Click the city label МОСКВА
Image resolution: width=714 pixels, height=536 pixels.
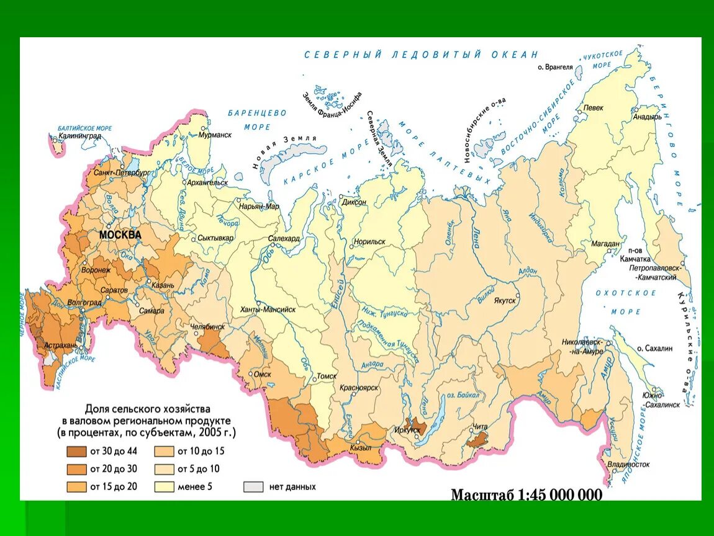[120, 235]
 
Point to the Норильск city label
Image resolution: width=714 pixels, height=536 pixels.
[369, 242]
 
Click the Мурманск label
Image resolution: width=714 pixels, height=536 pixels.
[215, 135]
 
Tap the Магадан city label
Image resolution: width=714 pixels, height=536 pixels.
[604, 244]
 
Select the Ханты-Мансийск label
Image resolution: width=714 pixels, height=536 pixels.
[268, 308]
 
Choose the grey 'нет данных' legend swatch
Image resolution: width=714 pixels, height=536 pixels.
[253, 486]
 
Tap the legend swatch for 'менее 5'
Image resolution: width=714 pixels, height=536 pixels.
[164, 486]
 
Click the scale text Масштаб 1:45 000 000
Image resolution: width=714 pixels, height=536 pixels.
[526, 495]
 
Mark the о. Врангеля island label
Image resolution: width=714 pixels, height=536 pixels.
[554, 67]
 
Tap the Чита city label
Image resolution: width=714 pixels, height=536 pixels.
[481, 426]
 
